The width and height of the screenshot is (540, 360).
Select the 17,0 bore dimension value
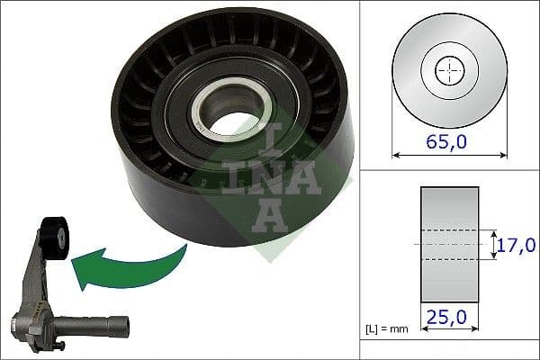(517, 244)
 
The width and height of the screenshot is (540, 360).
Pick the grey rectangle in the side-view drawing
(449, 244)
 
